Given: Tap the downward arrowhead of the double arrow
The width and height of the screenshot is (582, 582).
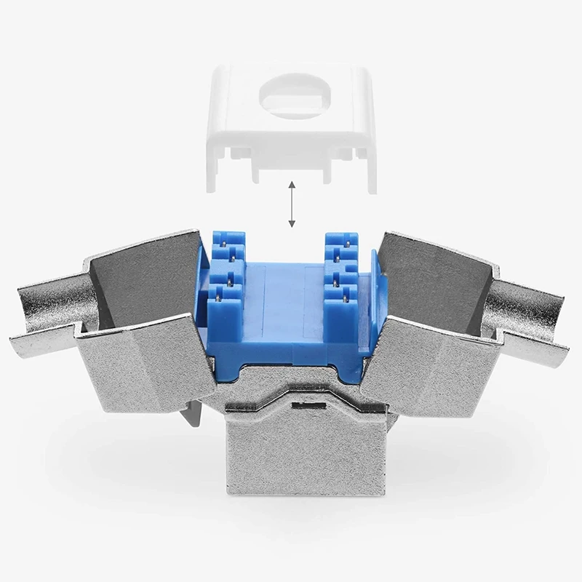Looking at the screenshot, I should coord(291,225).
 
